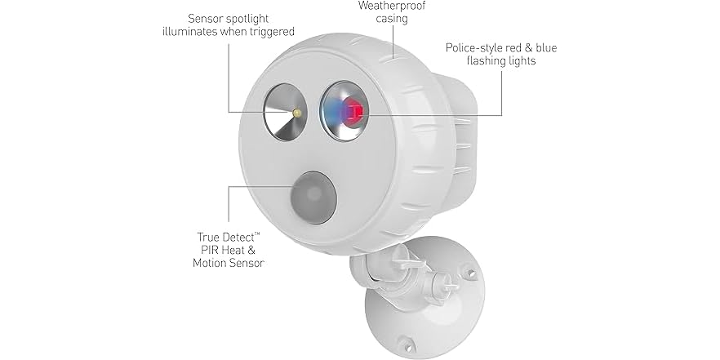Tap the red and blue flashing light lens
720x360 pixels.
click(342, 111)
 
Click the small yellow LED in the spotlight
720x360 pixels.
click(298, 111)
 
